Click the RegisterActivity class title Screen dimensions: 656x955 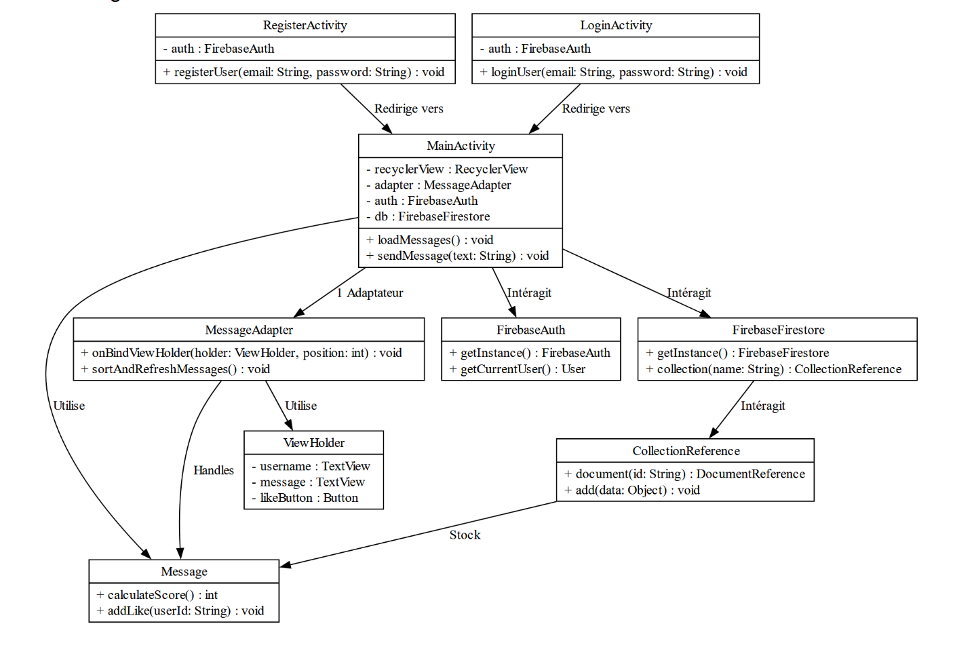(305, 26)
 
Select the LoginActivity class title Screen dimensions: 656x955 (615, 26)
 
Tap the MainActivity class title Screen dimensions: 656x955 (461, 146)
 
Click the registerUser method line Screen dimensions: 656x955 (304, 72)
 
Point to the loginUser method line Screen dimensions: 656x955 (614, 72)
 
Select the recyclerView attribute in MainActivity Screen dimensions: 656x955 (447, 169)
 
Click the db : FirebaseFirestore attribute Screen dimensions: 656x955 (428, 216)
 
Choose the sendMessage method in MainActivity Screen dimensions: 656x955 (458, 256)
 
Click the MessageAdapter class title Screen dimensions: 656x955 (249, 330)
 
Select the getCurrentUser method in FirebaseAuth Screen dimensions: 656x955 (518, 369)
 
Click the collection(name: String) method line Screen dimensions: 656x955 (774, 369)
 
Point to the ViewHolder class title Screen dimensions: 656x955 (313, 443)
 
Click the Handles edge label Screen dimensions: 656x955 (214, 471)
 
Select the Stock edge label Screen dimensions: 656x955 (465, 535)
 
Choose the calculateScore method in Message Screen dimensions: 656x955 (157, 595)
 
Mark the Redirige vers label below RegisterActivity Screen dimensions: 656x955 (408, 109)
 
